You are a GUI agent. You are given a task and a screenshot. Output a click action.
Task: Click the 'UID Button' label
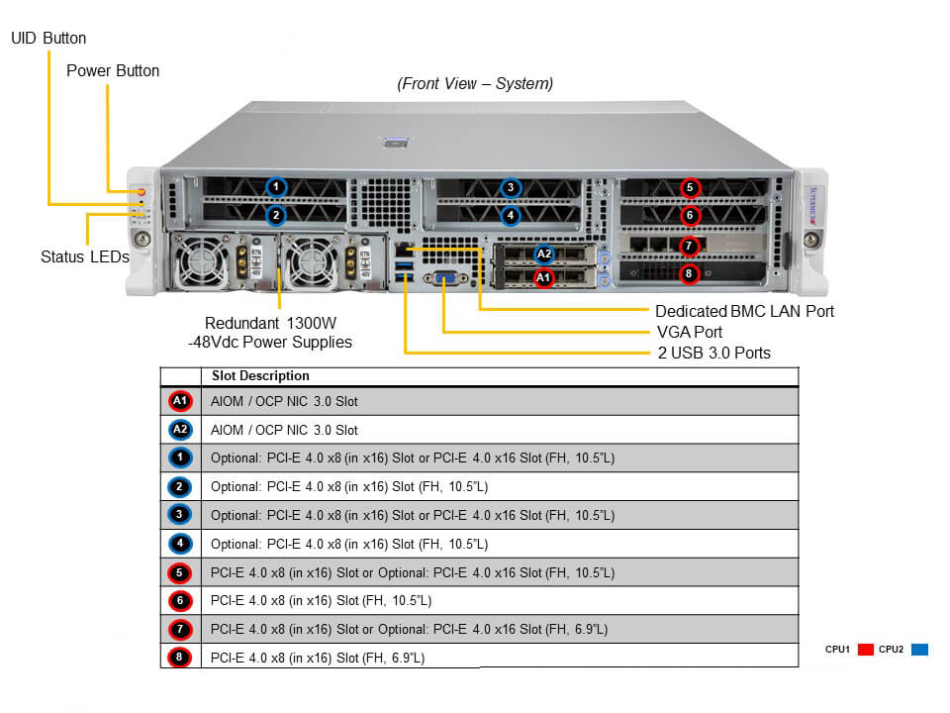click(x=48, y=39)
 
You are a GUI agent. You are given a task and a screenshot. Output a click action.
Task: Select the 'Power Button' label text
click(x=113, y=71)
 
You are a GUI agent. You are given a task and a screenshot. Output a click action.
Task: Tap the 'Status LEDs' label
click(x=85, y=256)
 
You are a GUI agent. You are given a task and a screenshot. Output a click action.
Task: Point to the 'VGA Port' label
click(x=690, y=332)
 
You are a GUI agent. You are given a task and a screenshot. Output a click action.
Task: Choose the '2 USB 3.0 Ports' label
click(x=713, y=353)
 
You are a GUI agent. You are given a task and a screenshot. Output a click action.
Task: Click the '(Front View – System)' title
click(x=475, y=84)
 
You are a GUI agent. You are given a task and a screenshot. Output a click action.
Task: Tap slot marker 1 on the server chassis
click(x=277, y=186)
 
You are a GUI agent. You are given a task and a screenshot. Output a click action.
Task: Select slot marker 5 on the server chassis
click(x=691, y=187)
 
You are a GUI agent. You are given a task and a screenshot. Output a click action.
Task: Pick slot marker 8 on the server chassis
click(x=691, y=273)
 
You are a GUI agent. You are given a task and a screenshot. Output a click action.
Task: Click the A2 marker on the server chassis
click(x=543, y=255)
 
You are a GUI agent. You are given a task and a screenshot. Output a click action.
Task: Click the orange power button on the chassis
click(x=142, y=190)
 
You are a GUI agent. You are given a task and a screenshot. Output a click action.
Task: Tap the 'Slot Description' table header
click(x=260, y=376)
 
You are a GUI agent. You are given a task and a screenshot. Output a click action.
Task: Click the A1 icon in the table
click(x=180, y=401)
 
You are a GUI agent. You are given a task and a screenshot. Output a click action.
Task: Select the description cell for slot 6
click(x=499, y=600)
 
